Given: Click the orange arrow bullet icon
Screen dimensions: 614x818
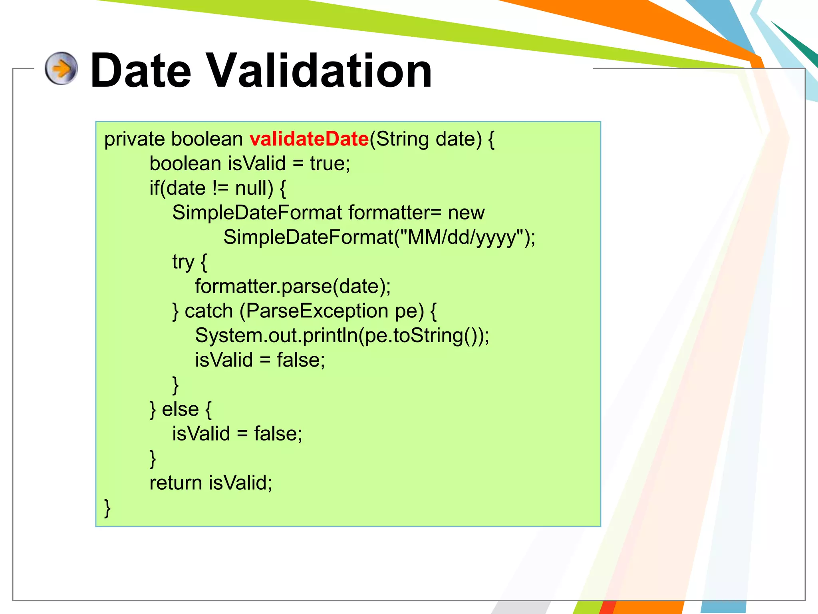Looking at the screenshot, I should point(61,68).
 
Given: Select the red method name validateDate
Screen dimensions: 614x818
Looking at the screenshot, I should point(309,139).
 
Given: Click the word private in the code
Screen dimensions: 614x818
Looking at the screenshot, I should point(134,139).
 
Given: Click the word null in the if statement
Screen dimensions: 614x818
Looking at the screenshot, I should point(254,188).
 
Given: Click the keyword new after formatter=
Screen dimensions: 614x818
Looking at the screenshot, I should point(466,213).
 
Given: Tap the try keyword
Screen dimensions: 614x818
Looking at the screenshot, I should point(183,262).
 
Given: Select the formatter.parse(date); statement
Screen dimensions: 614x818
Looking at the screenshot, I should point(293,287).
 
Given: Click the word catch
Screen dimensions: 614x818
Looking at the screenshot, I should point(208,311).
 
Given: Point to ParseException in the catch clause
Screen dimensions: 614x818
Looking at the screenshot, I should point(317,311).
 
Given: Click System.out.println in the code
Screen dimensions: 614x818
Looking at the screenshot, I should point(276,336).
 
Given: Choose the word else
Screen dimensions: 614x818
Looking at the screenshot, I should point(180,409).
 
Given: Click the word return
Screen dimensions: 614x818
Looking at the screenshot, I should point(176,483).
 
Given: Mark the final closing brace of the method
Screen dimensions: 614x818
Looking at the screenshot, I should point(107,508).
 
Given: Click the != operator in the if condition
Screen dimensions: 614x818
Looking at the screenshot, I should point(220,188).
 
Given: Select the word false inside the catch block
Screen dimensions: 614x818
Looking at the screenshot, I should point(300,360).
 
